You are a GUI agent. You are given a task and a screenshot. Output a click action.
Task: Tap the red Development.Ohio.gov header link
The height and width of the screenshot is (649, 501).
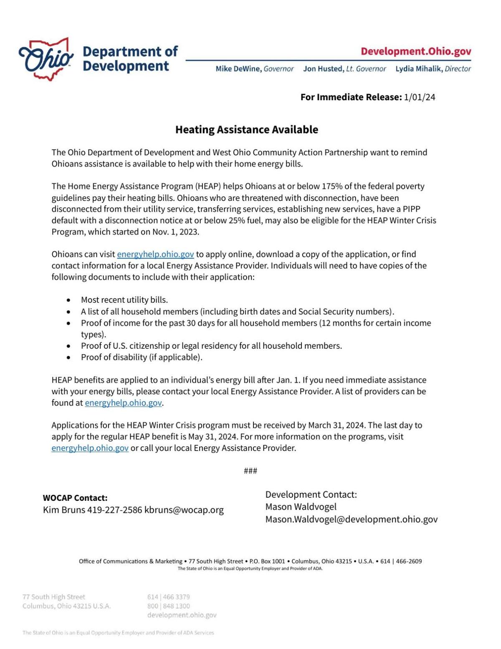tap(416, 51)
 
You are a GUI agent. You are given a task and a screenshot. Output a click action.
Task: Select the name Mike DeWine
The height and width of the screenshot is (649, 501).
tap(238, 69)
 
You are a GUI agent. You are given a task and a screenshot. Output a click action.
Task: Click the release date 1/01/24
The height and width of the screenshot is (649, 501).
tap(420, 97)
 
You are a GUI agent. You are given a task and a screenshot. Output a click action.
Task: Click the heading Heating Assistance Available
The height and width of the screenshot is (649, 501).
tap(246, 130)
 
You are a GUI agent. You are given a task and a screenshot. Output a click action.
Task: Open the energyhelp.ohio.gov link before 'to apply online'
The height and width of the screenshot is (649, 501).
tap(155, 254)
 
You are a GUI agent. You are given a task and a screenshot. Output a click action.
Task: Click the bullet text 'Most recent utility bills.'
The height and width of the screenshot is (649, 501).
tap(124, 300)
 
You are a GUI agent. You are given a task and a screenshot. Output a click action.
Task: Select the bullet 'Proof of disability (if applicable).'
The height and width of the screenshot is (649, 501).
tap(142, 357)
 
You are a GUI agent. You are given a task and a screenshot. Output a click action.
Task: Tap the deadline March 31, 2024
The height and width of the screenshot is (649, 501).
tap(337, 425)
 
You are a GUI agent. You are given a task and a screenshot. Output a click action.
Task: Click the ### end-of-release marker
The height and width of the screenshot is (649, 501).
tap(250, 471)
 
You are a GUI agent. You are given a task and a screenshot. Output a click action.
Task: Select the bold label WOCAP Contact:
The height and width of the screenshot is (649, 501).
tap(75, 498)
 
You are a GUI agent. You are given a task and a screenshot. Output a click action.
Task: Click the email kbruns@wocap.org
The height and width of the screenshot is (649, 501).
tap(184, 510)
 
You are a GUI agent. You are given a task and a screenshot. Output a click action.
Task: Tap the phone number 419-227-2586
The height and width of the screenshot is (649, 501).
tap(114, 510)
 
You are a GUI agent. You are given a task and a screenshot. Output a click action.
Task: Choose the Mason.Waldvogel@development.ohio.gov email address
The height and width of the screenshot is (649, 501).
tap(351, 519)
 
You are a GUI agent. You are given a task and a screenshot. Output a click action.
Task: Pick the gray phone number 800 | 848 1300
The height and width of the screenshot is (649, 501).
tap(168, 606)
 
